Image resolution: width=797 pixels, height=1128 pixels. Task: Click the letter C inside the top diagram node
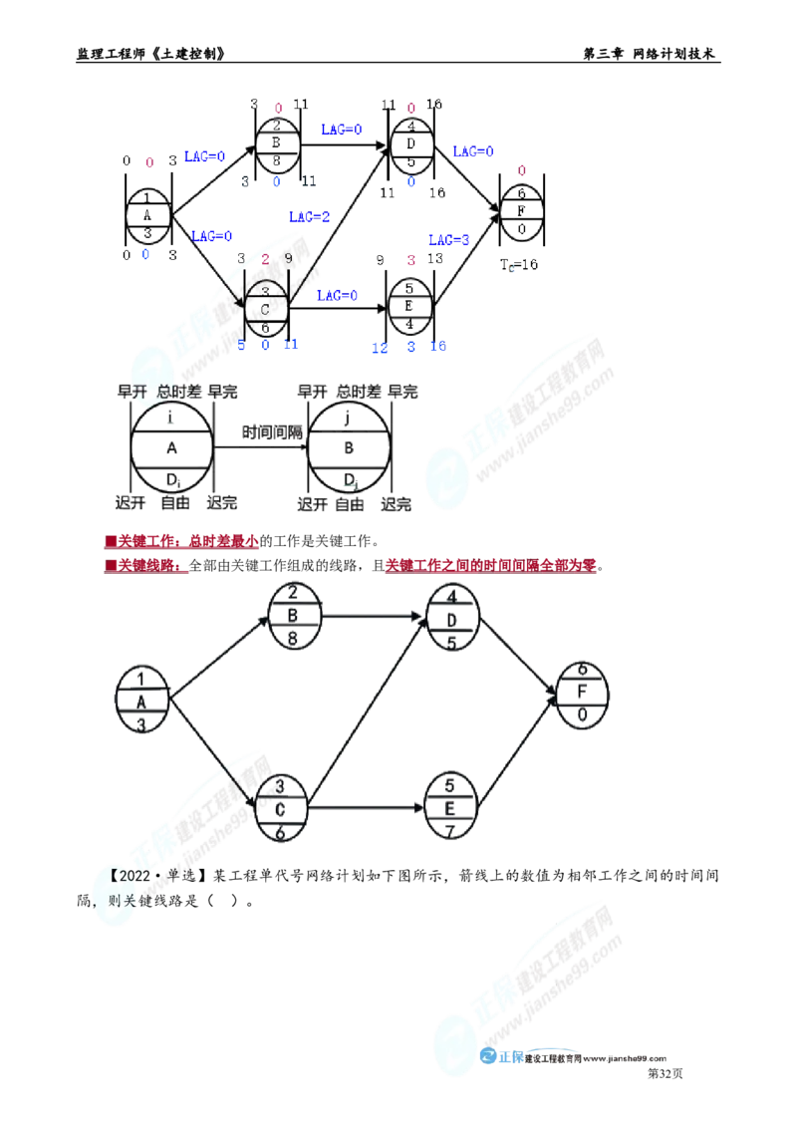click(265, 309)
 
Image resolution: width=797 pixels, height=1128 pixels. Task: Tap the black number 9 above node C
click(288, 259)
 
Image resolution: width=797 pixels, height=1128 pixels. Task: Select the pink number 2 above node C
click(265, 259)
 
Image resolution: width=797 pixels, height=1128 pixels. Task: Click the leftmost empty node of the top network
click(147, 212)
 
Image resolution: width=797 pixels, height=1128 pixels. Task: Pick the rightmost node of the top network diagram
click(521, 211)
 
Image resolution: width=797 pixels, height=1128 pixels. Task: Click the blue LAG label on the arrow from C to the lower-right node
click(336, 295)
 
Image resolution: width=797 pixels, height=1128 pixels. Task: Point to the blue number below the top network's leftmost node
click(145, 255)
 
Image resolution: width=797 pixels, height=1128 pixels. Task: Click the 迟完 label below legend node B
click(397, 505)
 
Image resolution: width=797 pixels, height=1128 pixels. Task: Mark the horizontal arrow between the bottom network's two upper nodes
click(376, 617)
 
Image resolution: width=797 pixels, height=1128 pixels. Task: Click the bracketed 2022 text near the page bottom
click(137, 876)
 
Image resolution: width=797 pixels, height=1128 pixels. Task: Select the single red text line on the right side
click(490, 566)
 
